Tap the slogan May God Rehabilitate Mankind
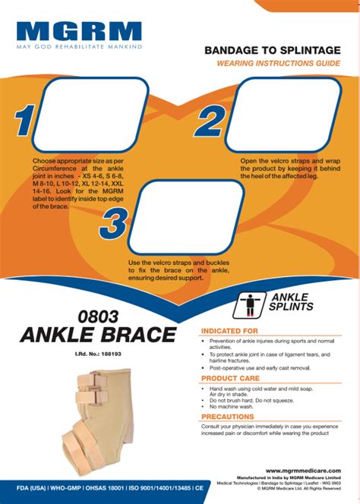(79, 47)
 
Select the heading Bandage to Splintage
(272, 50)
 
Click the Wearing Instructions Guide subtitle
(279, 64)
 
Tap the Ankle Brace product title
(96, 335)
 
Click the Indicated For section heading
(229, 331)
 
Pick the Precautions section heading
(228, 417)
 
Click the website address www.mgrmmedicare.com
(302, 471)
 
